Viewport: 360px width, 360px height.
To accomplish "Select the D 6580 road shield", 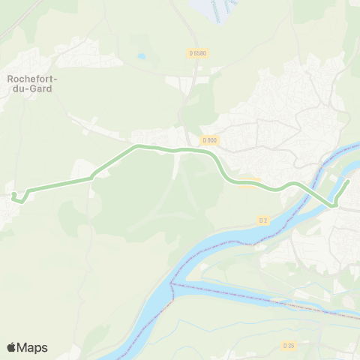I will coord(197,52).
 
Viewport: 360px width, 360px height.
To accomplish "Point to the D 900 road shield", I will coord(209,139).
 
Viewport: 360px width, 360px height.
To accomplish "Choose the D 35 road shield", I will coord(289,345).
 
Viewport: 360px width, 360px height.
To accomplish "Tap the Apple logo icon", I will coord(12,347).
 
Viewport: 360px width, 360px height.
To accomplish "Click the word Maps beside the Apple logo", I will coord(34,347).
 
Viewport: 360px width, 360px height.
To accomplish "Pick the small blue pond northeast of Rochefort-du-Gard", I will coord(141,56).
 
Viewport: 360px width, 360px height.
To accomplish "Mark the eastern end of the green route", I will coord(349,181).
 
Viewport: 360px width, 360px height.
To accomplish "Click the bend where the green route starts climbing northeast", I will coord(92,178).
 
